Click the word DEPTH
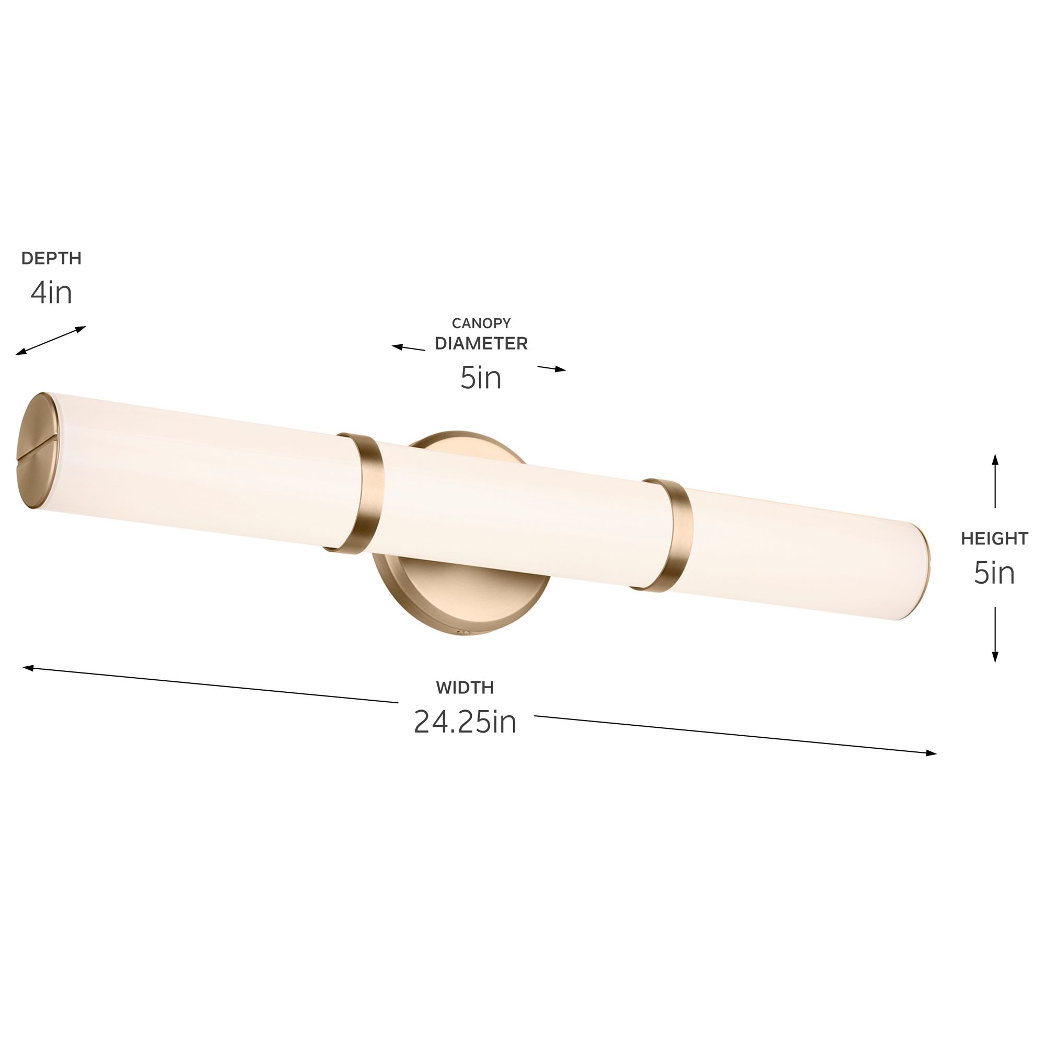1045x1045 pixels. tap(51, 259)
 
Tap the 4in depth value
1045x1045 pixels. tap(51, 293)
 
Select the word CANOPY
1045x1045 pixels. tap(481, 323)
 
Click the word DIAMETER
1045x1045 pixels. tap(481, 343)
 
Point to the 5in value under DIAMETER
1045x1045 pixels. tap(481, 378)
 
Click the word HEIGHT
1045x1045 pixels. tap(994, 539)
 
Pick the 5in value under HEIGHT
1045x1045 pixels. tap(994, 573)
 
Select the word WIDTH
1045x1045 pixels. tap(465, 688)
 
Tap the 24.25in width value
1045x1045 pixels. tap(465, 722)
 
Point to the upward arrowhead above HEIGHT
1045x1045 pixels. tap(995, 460)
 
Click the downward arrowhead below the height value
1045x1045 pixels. tap(995, 657)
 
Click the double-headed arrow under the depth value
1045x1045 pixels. tap(51, 340)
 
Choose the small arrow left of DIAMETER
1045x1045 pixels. tap(409, 348)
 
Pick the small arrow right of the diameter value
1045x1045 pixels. tap(552, 368)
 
